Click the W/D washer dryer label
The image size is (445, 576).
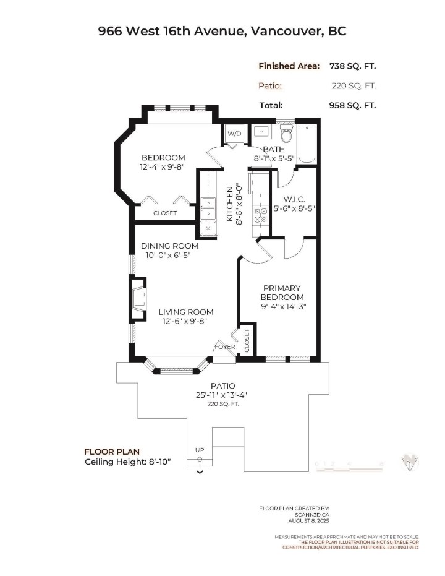(234, 134)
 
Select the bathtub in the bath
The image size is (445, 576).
(307, 144)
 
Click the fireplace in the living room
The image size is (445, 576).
(138, 300)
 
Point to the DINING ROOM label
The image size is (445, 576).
(161, 246)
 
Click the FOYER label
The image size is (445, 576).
(224, 347)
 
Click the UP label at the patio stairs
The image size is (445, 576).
(199, 450)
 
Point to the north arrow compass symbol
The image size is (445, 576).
(409, 462)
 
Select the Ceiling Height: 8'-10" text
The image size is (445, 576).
(127, 462)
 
